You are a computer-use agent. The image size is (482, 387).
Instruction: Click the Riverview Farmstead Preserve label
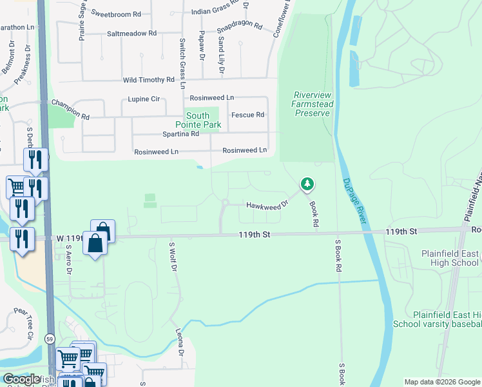click(312, 103)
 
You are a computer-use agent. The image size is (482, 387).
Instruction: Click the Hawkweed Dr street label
click(265, 205)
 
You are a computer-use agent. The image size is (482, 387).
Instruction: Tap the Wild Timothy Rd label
click(149, 81)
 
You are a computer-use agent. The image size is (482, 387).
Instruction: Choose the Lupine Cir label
click(144, 100)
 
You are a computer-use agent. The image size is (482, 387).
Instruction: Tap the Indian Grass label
click(214, 12)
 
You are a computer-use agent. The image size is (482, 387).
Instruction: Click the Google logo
click(21, 379)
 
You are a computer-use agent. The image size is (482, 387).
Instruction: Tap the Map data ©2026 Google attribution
click(442, 382)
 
